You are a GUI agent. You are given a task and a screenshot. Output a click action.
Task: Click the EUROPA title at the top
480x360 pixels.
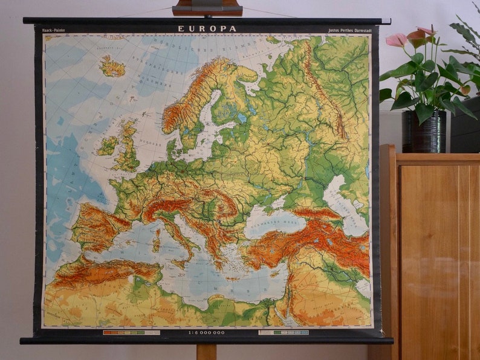[207, 28]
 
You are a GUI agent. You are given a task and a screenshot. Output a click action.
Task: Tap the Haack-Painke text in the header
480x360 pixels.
[54, 29]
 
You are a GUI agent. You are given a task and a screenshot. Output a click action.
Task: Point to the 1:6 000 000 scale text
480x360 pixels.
[207, 332]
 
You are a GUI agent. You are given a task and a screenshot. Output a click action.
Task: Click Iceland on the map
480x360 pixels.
[112, 66]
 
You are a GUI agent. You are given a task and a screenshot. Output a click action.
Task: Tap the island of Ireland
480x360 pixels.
[108, 145]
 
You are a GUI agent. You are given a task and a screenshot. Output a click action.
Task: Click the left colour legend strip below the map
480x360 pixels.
[131, 332]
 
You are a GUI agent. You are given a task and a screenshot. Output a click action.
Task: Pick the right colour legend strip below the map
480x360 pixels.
[284, 332]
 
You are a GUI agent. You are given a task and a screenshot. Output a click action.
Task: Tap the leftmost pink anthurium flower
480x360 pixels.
[397, 40]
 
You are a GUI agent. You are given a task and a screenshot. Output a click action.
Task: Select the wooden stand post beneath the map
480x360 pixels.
[206, 352]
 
